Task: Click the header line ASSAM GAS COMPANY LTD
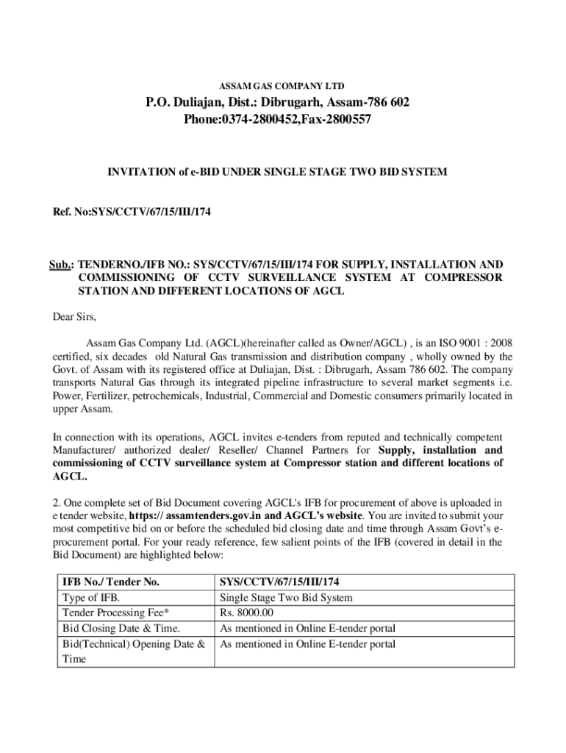pyautogui.click(x=283, y=85)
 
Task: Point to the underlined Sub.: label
pyautogui.click(x=62, y=264)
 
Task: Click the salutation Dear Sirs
pyautogui.click(x=74, y=318)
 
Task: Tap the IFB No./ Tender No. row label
pyautogui.click(x=111, y=582)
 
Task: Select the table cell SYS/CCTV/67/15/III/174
pyautogui.click(x=279, y=582)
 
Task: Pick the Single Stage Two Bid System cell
pyautogui.click(x=286, y=598)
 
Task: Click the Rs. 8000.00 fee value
pyautogui.click(x=247, y=613)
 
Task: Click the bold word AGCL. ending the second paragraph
pyautogui.click(x=69, y=477)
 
